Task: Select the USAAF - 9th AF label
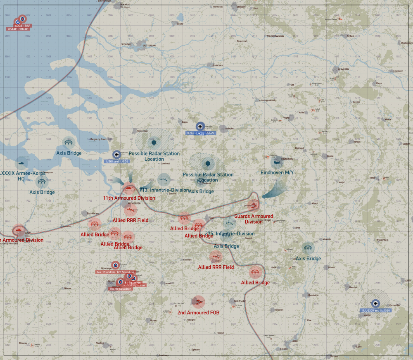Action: point(18,29)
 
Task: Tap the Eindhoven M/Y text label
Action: point(277,172)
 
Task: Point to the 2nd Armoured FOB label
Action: point(198,312)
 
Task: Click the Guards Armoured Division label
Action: point(254,219)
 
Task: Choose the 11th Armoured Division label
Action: point(129,198)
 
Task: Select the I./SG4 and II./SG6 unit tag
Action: point(118,161)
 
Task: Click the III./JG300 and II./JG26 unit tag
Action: point(375,310)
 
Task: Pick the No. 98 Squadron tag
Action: point(121,288)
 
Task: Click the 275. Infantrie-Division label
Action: point(230,234)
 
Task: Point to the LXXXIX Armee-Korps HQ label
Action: point(21,176)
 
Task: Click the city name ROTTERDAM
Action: point(149,45)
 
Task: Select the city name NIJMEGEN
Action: point(344,69)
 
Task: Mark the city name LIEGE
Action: point(294,341)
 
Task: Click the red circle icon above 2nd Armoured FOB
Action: point(198,301)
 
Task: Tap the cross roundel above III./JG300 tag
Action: point(375,303)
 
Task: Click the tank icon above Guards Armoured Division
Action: point(254,205)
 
